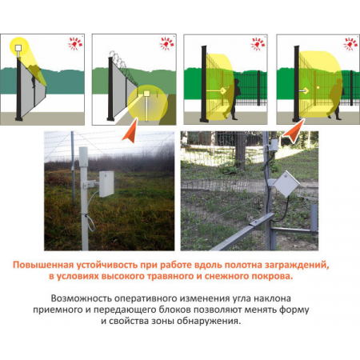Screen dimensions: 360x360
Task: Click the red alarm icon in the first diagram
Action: point(75,43)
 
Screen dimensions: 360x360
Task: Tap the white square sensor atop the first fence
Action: point(18,48)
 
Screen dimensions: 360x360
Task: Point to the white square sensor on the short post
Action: point(146,94)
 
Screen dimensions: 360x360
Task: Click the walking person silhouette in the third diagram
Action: point(232,99)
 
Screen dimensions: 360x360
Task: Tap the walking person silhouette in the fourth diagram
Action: point(335,99)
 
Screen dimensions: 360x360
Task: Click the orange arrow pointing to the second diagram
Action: point(130,130)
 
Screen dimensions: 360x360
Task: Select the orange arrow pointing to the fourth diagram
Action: point(294,130)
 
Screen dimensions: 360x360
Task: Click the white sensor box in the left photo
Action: point(106,184)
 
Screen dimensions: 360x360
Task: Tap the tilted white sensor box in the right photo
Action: point(286,184)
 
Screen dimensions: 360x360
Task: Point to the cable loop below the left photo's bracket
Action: point(91,223)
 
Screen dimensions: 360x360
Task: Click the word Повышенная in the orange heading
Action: point(43,265)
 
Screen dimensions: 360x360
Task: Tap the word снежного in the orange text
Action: point(226,276)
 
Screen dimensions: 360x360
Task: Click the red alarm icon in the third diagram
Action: point(258,43)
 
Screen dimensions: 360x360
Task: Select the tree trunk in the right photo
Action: point(241,150)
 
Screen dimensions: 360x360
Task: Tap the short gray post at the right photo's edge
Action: point(314,218)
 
